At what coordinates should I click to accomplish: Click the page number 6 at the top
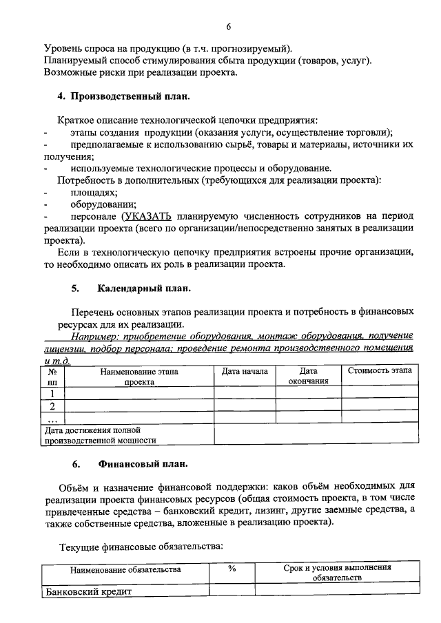(227, 27)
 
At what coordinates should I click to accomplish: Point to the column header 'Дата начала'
(244, 372)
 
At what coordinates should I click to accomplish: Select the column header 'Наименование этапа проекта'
(139, 376)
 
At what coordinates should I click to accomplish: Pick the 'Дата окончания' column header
(308, 376)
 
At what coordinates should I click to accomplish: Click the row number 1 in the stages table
(52, 393)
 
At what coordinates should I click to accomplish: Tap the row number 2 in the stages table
(52, 405)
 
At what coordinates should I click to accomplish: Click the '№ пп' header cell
(52, 376)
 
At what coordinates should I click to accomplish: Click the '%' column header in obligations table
(232, 569)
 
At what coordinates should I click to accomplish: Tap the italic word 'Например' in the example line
(91, 337)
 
